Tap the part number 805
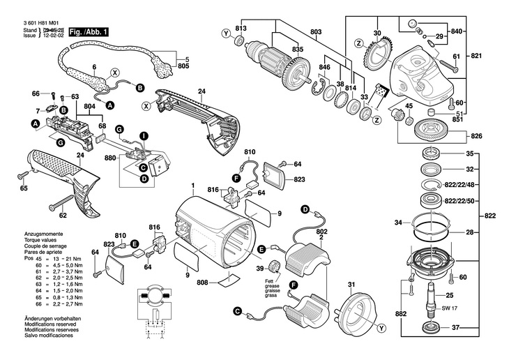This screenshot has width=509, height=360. coord(183,66)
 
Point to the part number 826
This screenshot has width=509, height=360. coord(476,135)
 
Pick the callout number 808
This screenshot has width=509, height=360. coord(202,283)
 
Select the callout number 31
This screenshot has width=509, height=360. coord(351,283)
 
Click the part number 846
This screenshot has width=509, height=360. coord(324,68)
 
